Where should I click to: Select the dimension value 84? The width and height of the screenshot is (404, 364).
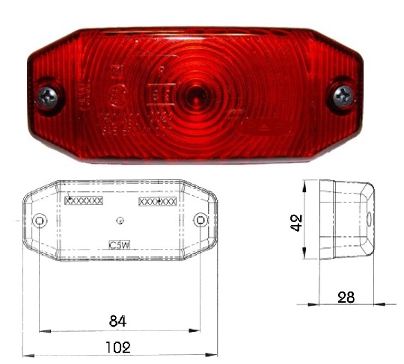click(117, 321)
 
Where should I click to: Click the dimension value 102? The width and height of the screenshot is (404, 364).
click(118, 347)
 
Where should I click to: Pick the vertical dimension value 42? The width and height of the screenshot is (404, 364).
click(298, 222)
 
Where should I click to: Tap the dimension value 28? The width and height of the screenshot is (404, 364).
click(346, 297)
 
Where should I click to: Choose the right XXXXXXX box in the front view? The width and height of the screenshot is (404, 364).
click(158, 201)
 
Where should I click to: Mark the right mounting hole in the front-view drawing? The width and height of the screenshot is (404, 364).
click(201, 220)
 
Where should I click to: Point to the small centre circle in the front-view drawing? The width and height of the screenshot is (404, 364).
click(120, 220)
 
